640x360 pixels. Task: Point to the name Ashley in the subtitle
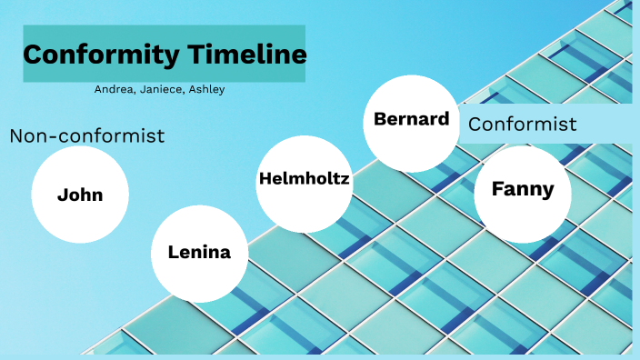click(205, 89)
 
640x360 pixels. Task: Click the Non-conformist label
click(87, 136)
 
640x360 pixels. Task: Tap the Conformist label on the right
click(523, 125)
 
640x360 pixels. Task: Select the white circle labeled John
click(80, 195)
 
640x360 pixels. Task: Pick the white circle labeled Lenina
click(199, 253)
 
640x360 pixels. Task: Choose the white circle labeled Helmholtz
click(305, 179)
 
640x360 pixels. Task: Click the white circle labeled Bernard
click(411, 124)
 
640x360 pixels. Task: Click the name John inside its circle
click(80, 195)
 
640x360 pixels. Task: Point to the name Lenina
click(199, 253)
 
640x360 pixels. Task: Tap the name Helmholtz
click(305, 178)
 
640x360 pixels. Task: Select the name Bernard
click(412, 119)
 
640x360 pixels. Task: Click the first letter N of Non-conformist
click(16, 136)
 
